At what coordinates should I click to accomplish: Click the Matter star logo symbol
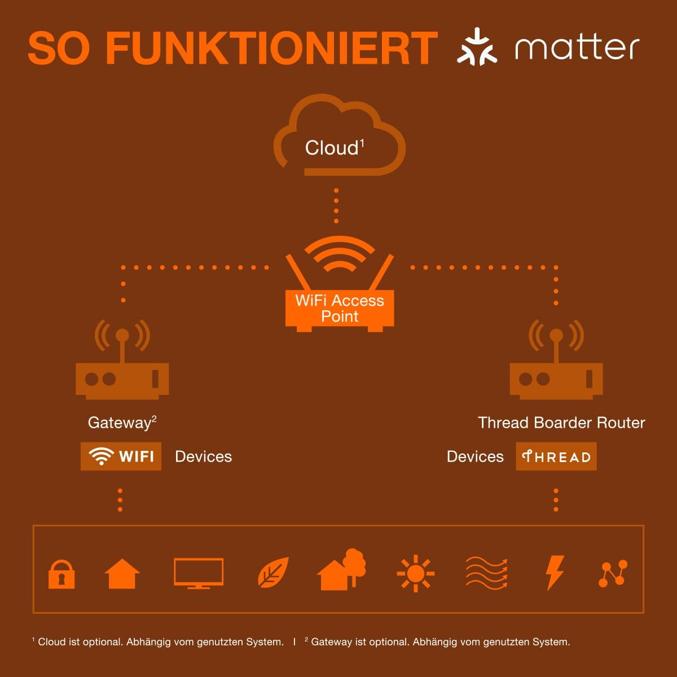tap(477, 47)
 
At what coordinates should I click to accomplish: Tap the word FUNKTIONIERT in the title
tap(272, 48)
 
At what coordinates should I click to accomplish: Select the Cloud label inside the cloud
tap(335, 148)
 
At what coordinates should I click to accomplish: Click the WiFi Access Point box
tap(340, 309)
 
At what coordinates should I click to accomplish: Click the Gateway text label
tap(122, 423)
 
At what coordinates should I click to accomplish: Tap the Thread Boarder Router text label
tap(561, 423)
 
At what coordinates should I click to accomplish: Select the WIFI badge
tap(121, 456)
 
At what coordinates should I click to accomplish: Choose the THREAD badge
tap(556, 456)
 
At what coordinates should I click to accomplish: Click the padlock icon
tap(61, 574)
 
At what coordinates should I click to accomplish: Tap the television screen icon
tap(199, 573)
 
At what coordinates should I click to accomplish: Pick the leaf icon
tap(273, 573)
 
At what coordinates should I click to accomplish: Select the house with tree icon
tap(341, 569)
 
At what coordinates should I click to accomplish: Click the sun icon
tap(416, 573)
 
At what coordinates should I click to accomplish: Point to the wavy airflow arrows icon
tap(486, 573)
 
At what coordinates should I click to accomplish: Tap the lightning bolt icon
tap(555, 573)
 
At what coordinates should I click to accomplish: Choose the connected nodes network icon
tap(613, 573)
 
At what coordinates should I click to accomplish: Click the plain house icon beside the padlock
tap(122, 574)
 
